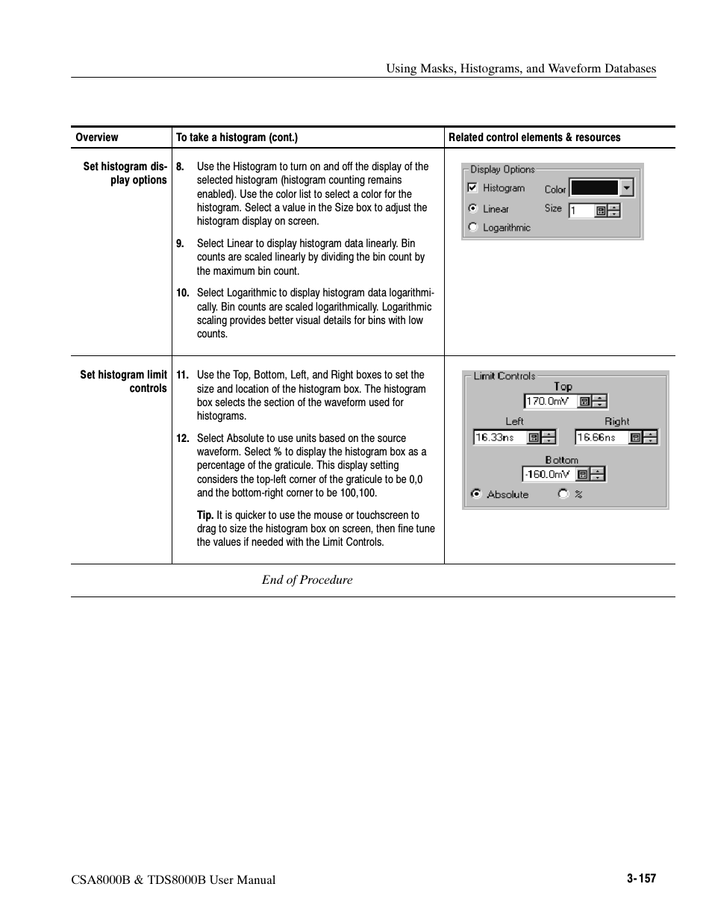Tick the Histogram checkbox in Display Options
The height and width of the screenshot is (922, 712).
472,188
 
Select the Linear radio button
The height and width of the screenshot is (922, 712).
472,209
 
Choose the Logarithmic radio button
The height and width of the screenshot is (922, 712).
472,228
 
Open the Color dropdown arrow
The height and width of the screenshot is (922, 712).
627,188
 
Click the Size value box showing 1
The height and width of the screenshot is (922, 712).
581,211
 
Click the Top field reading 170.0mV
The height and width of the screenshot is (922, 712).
550,402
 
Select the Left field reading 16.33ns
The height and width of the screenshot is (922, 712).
499,437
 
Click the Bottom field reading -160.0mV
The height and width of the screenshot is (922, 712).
548,474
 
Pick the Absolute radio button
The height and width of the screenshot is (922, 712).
475,493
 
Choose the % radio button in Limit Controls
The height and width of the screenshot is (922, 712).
563,493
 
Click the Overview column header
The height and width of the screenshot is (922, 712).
97,137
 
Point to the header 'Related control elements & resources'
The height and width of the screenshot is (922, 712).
534,137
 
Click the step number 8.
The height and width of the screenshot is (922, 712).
180,166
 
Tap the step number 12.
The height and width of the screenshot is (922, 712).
183,438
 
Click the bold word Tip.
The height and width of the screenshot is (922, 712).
204,515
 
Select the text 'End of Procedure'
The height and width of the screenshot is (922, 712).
307,580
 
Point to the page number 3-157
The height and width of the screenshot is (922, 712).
641,879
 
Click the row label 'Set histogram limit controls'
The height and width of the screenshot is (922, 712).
124,381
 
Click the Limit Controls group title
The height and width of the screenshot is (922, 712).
505,376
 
